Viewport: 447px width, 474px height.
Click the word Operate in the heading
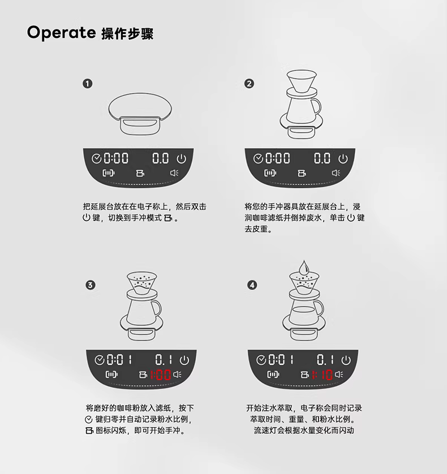pos(61,32)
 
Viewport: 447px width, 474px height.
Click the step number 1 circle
pos(87,84)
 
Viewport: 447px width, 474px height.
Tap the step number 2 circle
pos(249,84)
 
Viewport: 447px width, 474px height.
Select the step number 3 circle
pos(91,285)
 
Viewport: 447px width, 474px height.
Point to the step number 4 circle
pos(252,285)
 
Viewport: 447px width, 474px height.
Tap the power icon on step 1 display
pos(181,158)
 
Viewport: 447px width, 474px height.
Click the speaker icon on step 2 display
pos(336,173)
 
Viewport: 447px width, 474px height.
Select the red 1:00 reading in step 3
pos(161,375)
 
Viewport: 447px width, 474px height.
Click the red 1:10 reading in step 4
pos(323,375)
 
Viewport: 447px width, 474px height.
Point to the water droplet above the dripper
pos(304,268)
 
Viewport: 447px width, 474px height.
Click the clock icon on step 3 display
pos(100,360)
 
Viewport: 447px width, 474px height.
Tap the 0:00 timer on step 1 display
pos(116,158)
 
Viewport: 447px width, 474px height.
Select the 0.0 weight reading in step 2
pos(322,158)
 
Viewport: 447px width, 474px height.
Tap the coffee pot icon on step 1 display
pos(140,173)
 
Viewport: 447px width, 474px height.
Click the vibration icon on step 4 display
pos(273,374)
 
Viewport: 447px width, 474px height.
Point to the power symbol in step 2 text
pos(351,218)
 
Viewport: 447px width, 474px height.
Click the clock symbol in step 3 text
pos(89,419)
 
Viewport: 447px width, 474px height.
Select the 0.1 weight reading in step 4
pos(325,360)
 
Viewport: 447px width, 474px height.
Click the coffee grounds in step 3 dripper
pos(142,283)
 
